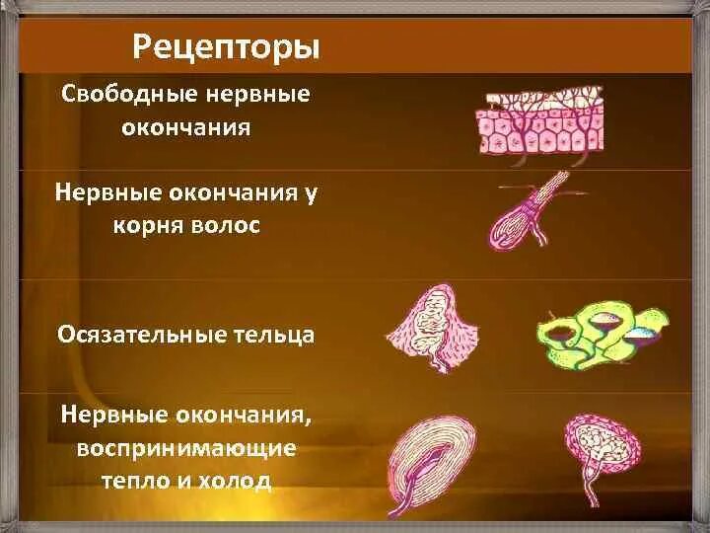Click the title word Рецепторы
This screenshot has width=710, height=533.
click(x=226, y=46)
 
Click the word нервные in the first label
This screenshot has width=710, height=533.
click(x=257, y=97)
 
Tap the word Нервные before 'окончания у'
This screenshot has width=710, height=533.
click(x=102, y=193)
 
